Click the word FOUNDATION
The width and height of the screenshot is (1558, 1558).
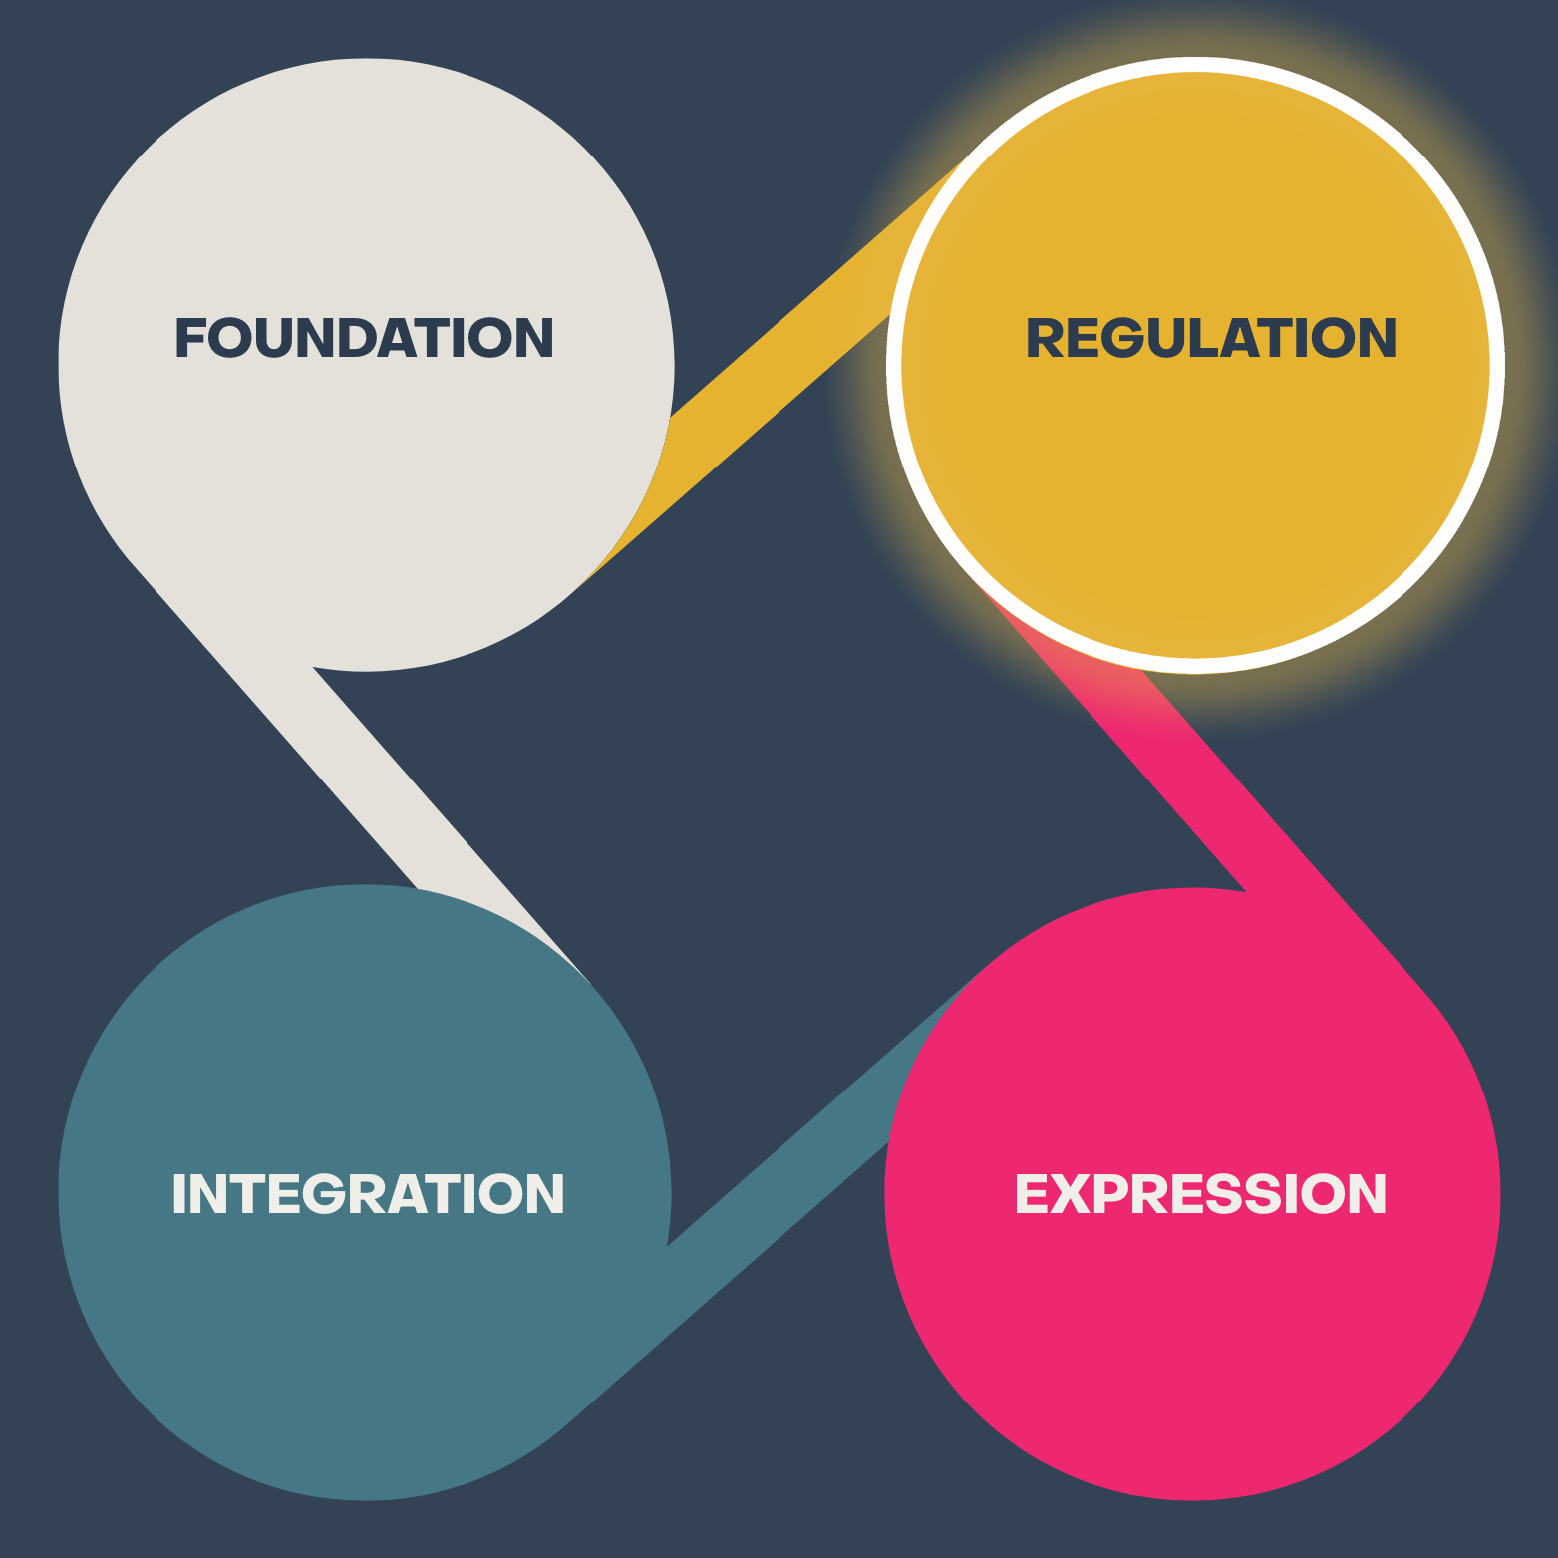pos(364,338)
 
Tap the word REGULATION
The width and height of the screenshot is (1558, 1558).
pos(1211,338)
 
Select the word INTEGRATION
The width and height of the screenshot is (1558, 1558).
pos(368,1193)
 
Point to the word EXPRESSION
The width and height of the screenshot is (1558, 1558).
pos(1200,1193)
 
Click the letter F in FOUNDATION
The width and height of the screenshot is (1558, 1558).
pos(189,338)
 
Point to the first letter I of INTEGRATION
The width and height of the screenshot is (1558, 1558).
pos(179,1193)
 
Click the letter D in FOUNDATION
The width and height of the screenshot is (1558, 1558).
pos(357,338)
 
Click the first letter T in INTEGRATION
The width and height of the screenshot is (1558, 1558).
pos(248,1193)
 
